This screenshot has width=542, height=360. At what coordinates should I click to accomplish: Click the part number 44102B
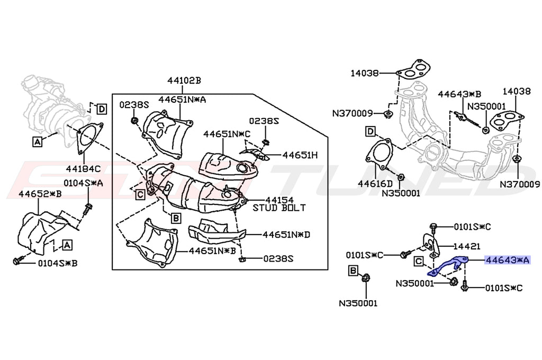pyautogui.click(x=184, y=81)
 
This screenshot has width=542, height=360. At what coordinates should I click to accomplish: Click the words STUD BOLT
pyautogui.click(x=279, y=208)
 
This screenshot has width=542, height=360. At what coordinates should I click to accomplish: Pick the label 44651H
pyautogui.click(x=300, y=156)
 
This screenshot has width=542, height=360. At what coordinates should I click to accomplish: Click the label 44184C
pyautogui.click(x=83, y=169)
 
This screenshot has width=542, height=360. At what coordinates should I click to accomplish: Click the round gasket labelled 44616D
pyautogui.click(x=378, y=154)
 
